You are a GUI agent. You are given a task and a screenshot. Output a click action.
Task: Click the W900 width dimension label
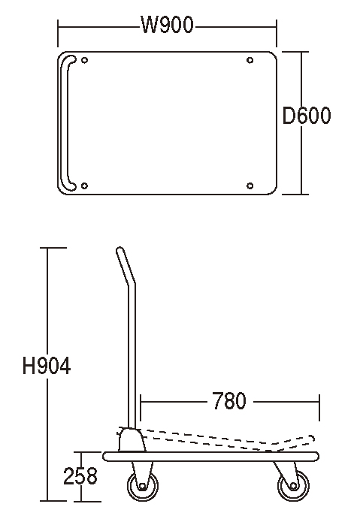[x=168, y=25]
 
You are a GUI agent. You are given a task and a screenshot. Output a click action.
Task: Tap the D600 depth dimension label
[x=307, y=116]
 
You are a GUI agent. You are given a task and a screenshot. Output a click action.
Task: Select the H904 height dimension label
[x=47, y=366]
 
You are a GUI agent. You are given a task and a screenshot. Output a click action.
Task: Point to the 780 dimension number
[x=229, y=401]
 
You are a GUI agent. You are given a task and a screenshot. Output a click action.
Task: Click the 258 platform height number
[x=80, y=477]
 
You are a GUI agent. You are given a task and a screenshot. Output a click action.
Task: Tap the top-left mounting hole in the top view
[x=84, y=60]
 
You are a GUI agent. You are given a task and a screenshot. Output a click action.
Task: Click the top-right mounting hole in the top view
[x=250, y=60]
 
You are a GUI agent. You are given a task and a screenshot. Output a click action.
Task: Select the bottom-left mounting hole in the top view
[x=84, y=186]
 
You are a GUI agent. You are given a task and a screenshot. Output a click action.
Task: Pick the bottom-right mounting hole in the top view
[x=250, y=186]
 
